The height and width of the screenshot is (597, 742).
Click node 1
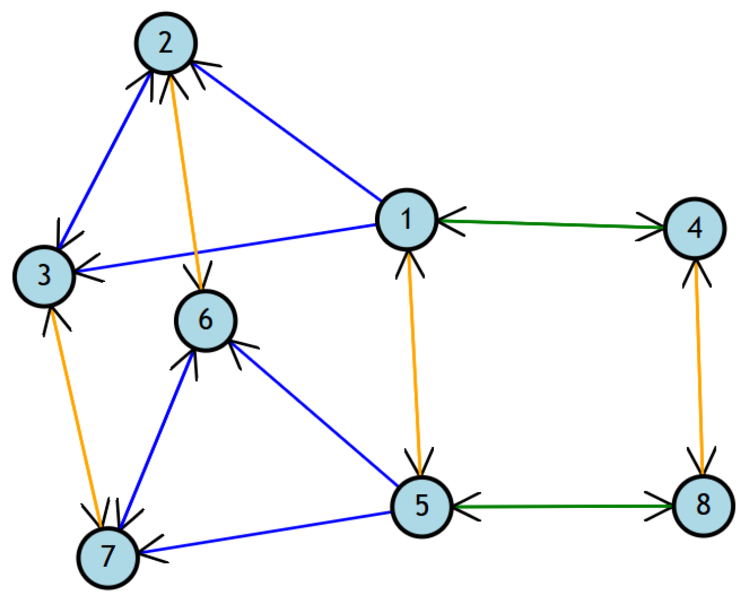click(406, 219)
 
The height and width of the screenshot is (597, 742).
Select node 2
click(166, 43)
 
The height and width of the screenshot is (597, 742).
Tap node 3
click(45, 276)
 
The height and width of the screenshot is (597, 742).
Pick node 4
click(695, 228)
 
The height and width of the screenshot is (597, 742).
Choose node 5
click(422, 506)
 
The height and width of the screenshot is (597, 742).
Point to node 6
click(205, 320)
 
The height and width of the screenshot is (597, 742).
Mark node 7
click(108, 557)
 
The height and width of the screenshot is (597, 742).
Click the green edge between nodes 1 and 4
click(551, 224)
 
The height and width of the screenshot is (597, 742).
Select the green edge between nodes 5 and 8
click(562, 506)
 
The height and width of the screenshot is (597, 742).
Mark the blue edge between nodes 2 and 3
click(106, 160)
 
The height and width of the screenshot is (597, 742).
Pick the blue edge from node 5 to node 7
click(265, 532)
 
